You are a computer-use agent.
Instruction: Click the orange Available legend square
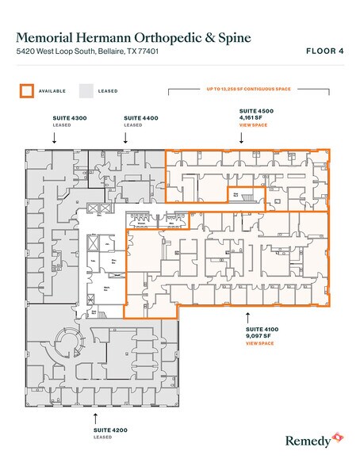point(26,90)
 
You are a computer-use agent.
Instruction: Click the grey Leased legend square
point(85,90)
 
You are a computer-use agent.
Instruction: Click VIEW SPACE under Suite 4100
point(259,344)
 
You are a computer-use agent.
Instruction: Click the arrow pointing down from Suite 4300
point(54,138)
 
